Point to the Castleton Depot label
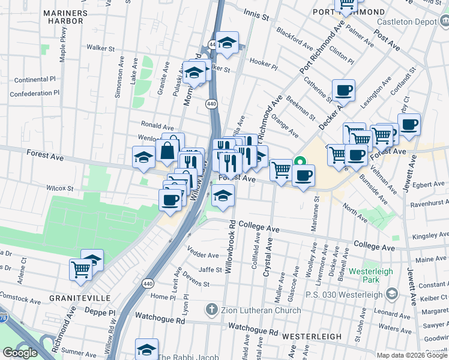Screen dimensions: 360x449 click(x=404, y=22)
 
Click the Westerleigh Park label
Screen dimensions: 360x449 click(x=371, y=275)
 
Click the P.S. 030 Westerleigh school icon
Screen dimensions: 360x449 click(x=392, y=293)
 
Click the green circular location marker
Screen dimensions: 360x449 click(x=300, y=161)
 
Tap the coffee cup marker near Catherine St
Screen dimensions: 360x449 click(x=343, y=91)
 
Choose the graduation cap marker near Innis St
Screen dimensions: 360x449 click(x=227, y=43)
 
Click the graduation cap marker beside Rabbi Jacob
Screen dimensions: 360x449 click(x=146, y=349)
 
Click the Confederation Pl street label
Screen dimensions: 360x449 click(x=35, y=93)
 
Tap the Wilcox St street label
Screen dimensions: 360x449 click(x=60, y=188)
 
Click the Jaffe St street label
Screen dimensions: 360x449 click(x=211, y=269)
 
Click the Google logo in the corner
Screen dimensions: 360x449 click(x=20, y=353)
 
